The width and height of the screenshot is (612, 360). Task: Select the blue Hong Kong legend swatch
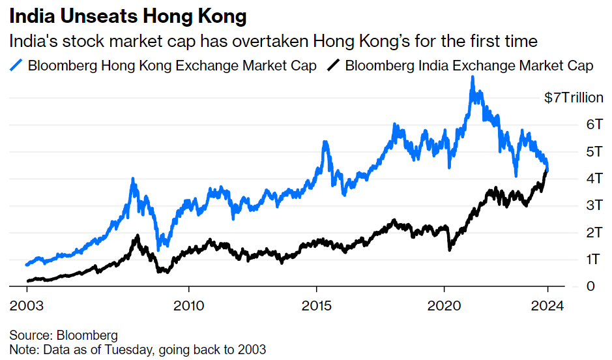click(16, 65)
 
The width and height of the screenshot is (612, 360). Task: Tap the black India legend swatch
click(333, 65)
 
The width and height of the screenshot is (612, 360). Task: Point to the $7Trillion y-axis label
click(574, 98)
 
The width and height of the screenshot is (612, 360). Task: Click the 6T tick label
click(594, 125)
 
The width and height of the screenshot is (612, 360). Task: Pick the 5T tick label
click(594, 152)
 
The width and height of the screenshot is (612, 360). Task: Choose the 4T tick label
click(594, 179)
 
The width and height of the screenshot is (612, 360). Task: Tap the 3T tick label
click(594, 205)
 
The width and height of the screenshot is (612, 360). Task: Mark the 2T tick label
click(594, 233)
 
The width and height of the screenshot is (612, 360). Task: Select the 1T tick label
click(594, 260)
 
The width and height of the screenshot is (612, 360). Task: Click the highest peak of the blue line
click(473, 78)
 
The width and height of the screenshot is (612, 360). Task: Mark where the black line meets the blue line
click(547, 170)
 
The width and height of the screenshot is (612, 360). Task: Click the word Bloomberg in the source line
click(87, 336)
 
